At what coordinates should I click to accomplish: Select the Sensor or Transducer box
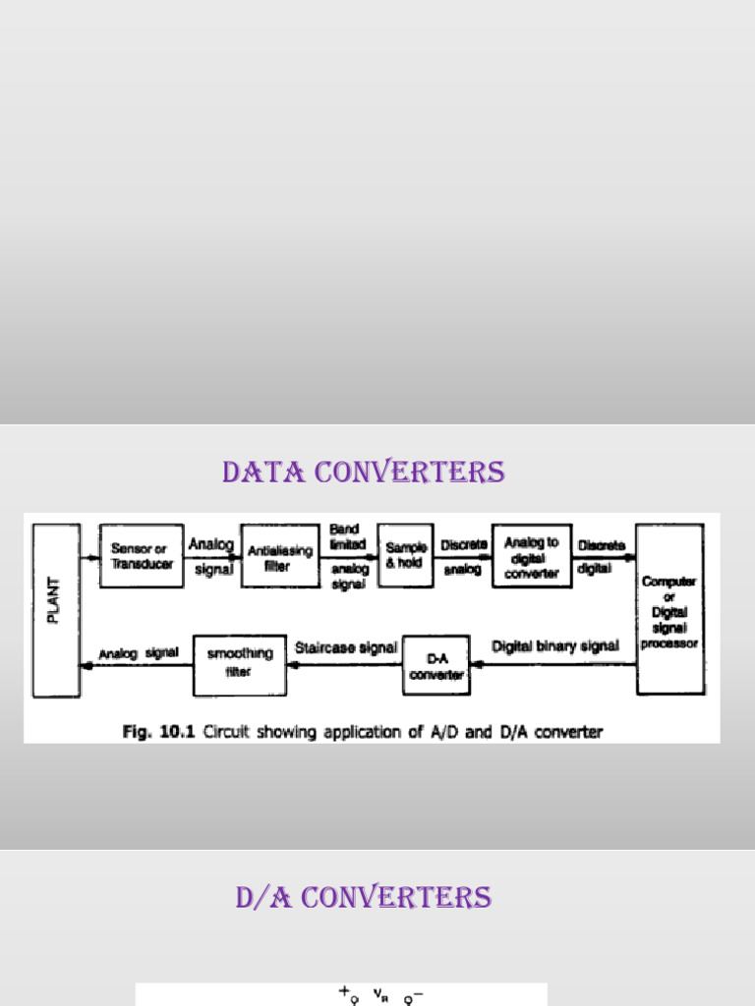(x=142, y=556)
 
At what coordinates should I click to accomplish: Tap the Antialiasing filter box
(x=280, y=557)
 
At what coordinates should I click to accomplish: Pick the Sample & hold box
(x=406, y=556)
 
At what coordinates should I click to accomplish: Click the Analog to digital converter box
(x=532, y=556)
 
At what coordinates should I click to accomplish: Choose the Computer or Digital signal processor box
(x=669, y=611)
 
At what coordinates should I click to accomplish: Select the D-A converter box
(x=436, y=666)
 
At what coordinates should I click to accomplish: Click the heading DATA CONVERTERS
(x=363, y=473)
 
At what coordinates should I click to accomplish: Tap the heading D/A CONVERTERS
(x=363, y=897)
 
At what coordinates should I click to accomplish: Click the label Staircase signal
(x=346, y=648)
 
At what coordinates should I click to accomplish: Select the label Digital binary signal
(x=555, y=646)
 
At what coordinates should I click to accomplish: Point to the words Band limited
(x=347, y=536)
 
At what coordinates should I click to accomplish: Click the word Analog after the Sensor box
(x=211, y=543)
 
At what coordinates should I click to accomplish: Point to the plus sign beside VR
(x=344, y=993)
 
